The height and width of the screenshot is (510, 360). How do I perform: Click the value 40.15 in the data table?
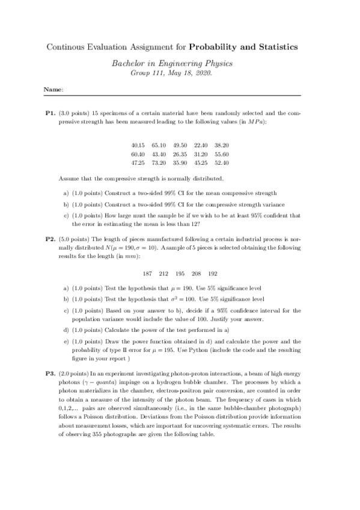point(138,145)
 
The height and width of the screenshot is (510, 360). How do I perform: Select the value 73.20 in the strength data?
point(159,162)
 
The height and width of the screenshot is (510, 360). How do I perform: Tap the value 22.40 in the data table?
point(201,145)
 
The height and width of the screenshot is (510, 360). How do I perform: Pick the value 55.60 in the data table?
point(222,154)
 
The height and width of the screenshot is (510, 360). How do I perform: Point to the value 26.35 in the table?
point(180,154)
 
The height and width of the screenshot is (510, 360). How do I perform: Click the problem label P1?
point(51,112)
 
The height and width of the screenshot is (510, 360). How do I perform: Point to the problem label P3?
point(51,373)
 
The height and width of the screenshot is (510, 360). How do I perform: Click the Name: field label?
point(53,90)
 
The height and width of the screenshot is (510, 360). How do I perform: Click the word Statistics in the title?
point(275,46)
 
